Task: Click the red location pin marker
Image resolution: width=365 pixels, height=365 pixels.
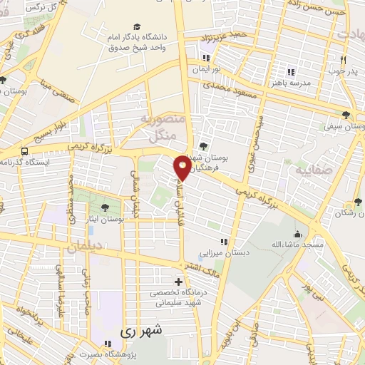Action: coord(182,167)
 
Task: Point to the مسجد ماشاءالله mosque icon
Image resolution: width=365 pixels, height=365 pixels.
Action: coord(297,234)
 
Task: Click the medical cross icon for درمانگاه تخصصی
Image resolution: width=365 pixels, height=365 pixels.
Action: coord(178,281)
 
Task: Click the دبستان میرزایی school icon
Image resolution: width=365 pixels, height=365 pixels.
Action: coord(225,241)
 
